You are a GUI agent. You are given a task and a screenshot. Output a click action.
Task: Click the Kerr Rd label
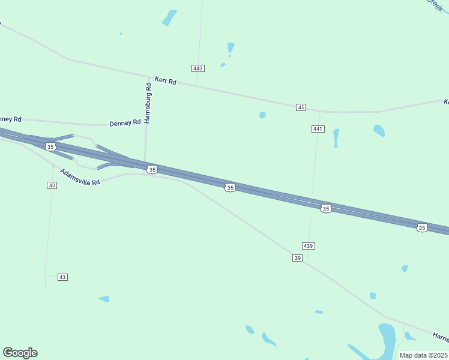pyautogui.click(x=165, y=80)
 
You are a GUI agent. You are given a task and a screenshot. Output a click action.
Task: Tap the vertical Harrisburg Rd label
pyautogui.click(x=148, y=103)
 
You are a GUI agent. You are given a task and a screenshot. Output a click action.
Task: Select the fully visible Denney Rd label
pyautogui.click(x=125, y=122)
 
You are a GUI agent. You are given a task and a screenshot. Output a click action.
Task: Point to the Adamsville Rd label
pyautogui.click(x=79, y=177)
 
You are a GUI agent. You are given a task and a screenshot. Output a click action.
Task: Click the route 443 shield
pyautogui.click(x=198, y=68)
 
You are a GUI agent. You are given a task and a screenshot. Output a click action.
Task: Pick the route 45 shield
pyautogui.click(x=301, y=107)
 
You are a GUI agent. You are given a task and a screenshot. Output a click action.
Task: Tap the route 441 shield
pyautogui.click(x=318, y=129)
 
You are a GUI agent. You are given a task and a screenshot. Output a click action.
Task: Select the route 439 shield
pyautogui.click(x=309, y=246)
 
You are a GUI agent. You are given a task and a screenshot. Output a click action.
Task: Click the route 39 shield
pyautogui.click(x=298, y=258)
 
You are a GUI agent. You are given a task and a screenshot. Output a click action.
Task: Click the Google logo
pyautogui.click(x=20, y=353)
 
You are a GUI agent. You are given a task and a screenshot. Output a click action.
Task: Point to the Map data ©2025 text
pyautogui.click(x=424, y=355)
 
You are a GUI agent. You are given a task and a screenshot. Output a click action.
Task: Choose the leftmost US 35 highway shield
pyautogui.click(x=50, y=146)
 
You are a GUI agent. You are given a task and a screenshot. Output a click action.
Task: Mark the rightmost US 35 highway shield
pyautogui.click(x=422, y=227)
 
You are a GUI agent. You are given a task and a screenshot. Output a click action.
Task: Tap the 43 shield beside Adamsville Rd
pyautogui.click(x=52, y=185)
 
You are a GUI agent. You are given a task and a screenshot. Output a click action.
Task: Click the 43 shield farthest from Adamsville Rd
pyautogui.click(x=62, y=277)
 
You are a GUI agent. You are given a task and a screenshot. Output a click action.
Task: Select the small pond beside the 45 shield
pyautogui.click(x=262, y=115)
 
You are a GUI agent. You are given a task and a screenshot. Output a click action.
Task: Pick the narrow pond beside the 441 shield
pyautogui.click(x=336, y=137)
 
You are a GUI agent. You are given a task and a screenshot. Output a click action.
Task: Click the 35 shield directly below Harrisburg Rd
pyautogui.click(x=152, y=170)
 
